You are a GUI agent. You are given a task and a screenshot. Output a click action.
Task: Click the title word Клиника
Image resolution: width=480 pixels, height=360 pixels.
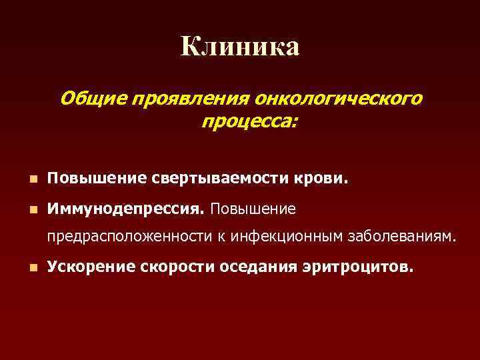240,47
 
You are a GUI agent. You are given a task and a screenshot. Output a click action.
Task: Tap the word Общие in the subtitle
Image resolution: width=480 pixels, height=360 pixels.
93,99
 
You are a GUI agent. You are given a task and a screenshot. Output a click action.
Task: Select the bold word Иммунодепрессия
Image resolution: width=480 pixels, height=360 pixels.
126,209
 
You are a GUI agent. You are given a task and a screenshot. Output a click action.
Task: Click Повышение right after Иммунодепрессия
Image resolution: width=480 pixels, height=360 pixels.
253,209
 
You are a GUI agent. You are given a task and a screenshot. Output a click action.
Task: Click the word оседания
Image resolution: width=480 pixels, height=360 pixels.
257,267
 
